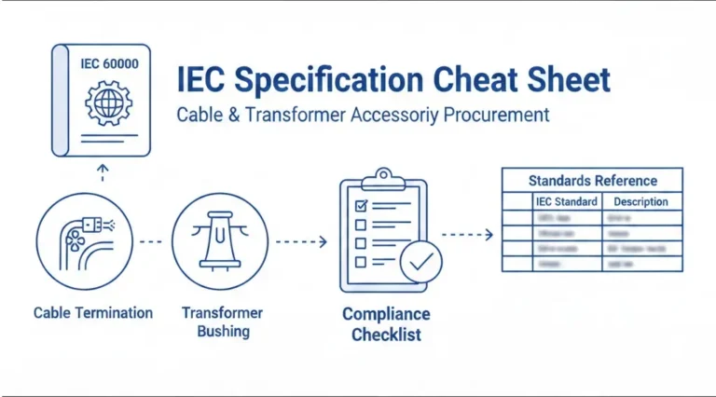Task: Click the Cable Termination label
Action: click(x=92, y=313)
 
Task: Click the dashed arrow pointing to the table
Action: click(x=466, y=236)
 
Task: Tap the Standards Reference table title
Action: click(x=592, y=181)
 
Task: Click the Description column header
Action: click(x=640, y=201)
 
